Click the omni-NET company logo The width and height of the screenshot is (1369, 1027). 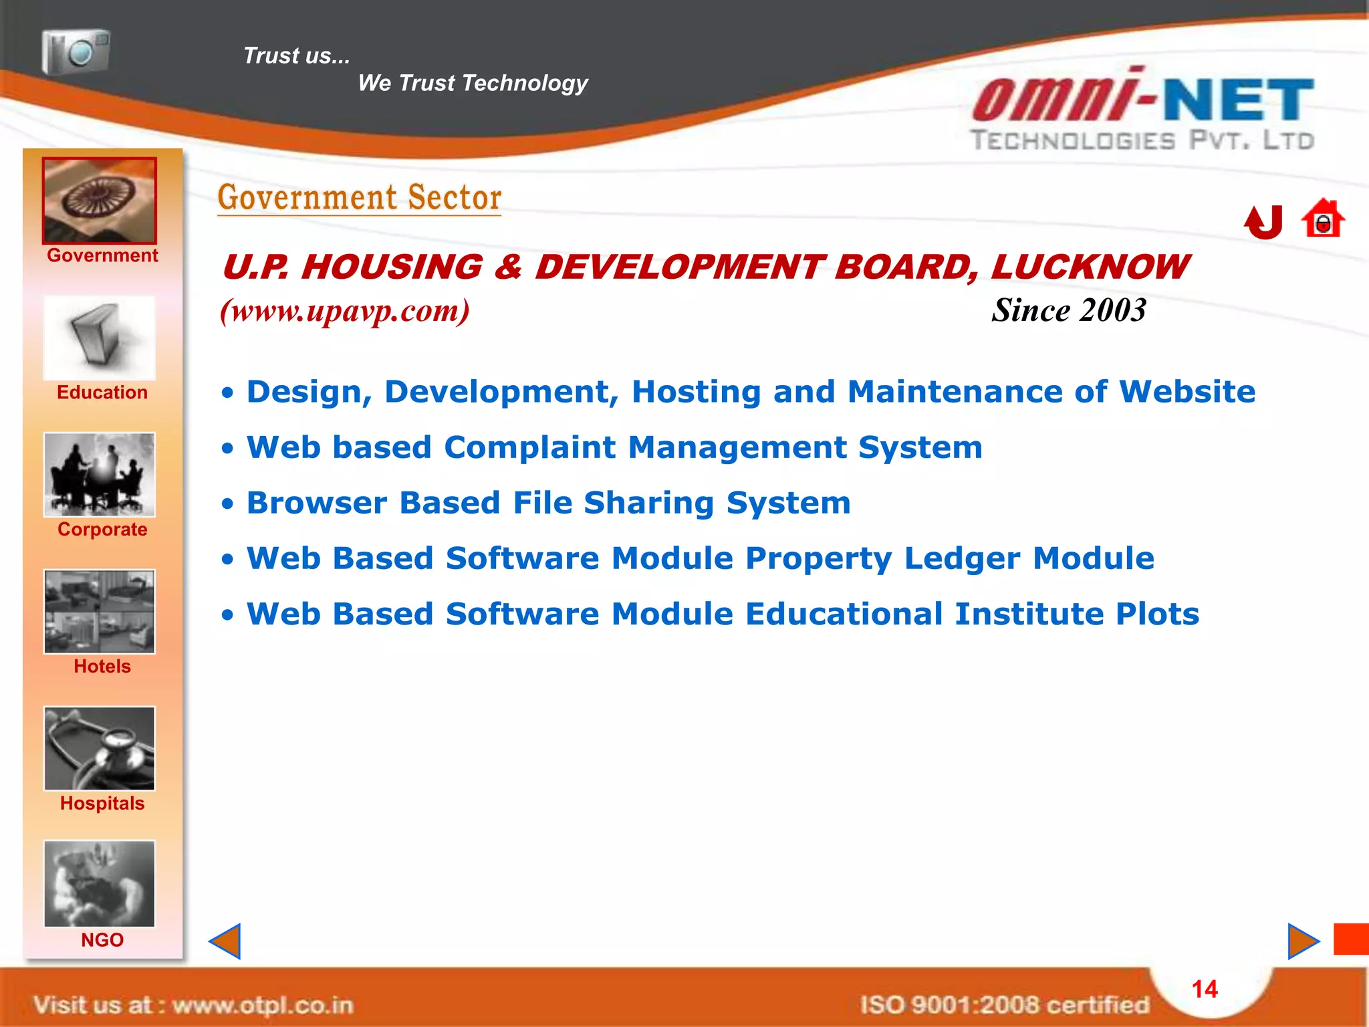click(x=1143, y=110)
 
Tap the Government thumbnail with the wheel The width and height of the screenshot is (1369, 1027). click(x=100, y=201)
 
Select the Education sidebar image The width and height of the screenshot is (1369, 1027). click(x=100, y=338)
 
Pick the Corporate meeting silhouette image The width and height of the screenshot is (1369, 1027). click(x=100, y=475)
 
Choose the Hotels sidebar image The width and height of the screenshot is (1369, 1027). click(x=100, y=611)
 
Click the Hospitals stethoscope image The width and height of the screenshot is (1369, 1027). click(x=100, y=748)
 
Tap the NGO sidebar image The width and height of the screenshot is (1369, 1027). click(x=100, y=884)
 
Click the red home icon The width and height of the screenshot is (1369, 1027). click(x=1323, y=219)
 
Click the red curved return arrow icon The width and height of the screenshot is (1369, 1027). click(x=1263, y=221)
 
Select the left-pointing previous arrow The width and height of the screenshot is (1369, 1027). click(x=225, y=941)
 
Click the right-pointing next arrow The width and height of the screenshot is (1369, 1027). click(x=1303, y=941)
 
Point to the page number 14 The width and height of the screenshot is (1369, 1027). click(x=1205, y=989)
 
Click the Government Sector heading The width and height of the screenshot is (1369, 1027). click(x=360, y=198)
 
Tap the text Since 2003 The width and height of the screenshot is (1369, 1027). click(x=1068, y=310)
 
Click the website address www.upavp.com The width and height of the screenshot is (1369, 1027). click(x=345, y=311)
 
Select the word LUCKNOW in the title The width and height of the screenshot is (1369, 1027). click(x=1090, y=267)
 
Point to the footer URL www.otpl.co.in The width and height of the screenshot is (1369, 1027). click(x=263, y=1005)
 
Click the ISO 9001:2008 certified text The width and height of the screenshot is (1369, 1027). click(x=1004, y=1005)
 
